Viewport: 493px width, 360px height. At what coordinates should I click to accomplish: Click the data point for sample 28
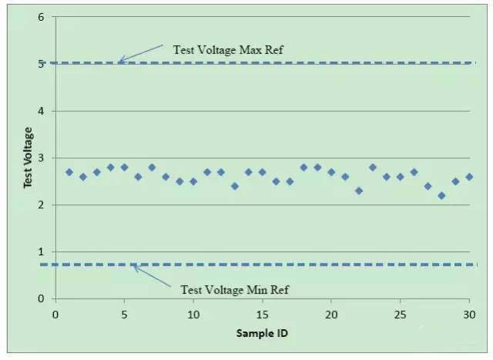click(x=441, y=196)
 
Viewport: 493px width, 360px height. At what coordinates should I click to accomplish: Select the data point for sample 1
click(x=69, y=172)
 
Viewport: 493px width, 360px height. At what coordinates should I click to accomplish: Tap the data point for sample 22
click(x=359, y=190)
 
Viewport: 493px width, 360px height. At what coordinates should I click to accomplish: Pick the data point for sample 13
click(x=235, y=186)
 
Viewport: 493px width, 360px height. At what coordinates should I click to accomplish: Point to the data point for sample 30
click(x=469, y=177)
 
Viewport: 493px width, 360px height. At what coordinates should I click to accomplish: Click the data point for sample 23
click(x=373, y=167)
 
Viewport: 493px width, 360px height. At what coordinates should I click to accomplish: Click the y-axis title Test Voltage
click(x=28, y=157)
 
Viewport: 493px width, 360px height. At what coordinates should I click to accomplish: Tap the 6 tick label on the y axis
click(x=41, y=17)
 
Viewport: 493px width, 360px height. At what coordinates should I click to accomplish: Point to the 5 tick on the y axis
click(x=41, y=64)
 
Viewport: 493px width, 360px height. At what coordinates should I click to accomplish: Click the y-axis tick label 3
click(x=41, y=158)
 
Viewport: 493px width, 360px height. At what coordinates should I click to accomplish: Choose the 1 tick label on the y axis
click(x=41, y=252)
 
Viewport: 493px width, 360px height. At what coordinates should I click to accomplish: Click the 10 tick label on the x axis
click(x=193, y=315)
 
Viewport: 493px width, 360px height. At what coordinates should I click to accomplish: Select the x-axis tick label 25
click(x=401, y=315)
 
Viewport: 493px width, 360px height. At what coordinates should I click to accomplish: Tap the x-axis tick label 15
click(x=262, y=315)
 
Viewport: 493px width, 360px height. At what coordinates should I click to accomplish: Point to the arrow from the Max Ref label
click(x=140, y=53)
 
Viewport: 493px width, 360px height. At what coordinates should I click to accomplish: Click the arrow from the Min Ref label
click(x=153, y=275)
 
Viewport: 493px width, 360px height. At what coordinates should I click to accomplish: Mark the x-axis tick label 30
click(x=469, y=315)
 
